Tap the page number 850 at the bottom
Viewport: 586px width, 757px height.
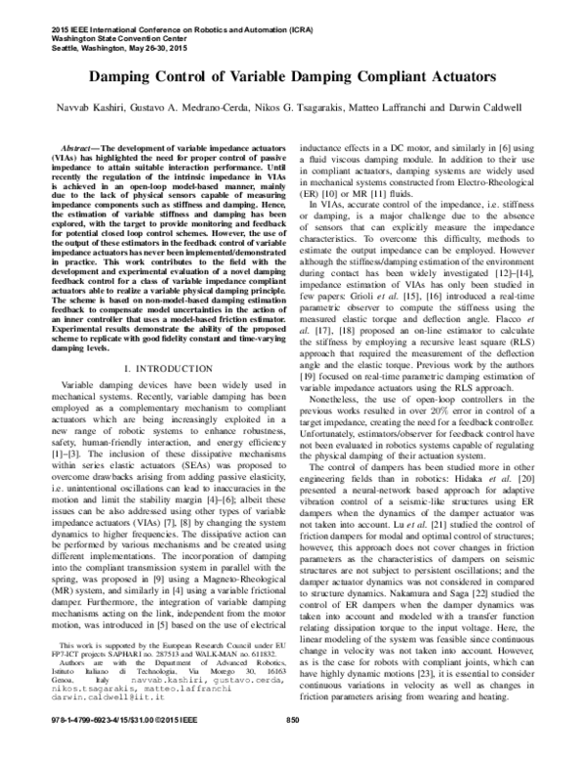(x=291, y=747)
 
